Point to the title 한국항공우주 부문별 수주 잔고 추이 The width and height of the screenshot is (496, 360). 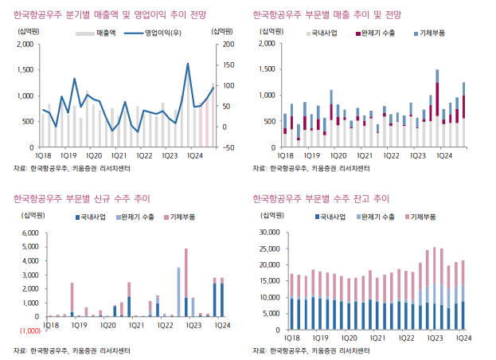[320, 198]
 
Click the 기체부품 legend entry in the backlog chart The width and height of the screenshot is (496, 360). [421, 217]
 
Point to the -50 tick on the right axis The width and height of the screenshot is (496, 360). [228, 147]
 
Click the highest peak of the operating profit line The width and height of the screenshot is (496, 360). [187, 64]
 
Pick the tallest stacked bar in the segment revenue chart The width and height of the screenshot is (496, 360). [437, 109]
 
